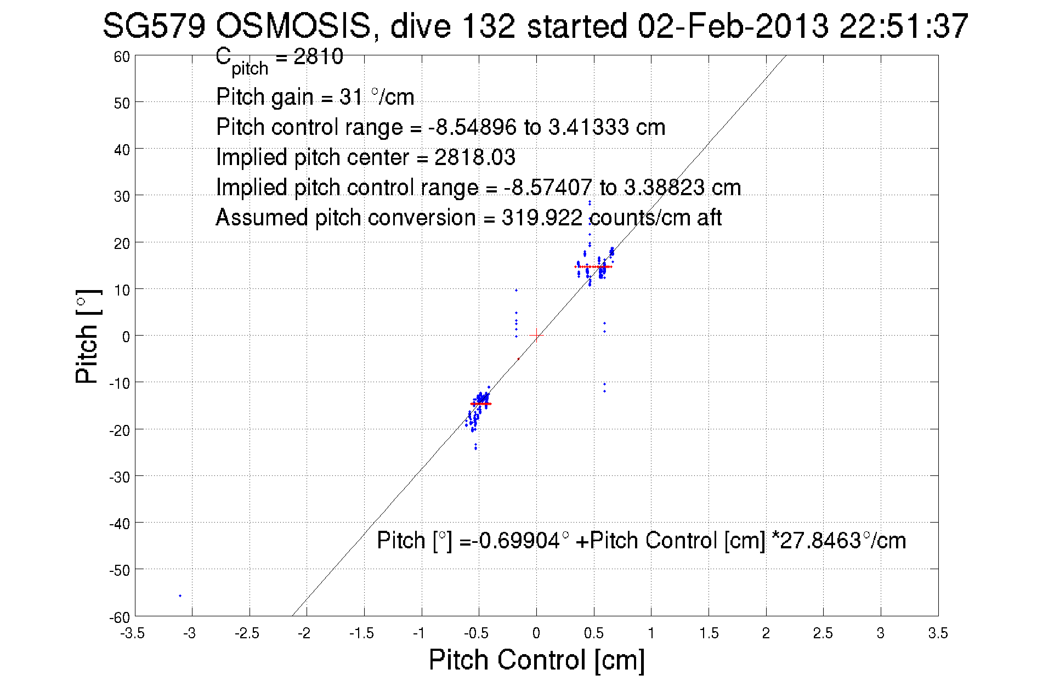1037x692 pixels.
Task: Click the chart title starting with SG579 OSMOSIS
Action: [x=535, y=26]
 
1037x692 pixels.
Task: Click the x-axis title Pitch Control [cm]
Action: [x=536, y=660]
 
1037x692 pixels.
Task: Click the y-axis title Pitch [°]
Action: [x=88, y=336]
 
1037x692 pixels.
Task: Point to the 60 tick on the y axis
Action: [x=122, y=56]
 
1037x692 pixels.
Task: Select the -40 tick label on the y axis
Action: [x=120, y=524]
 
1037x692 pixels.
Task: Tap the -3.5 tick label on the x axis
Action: [x=133, y=633]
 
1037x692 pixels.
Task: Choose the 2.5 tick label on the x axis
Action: [x=823, y=633]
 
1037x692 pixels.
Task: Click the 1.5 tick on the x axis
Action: [x=709, y=633]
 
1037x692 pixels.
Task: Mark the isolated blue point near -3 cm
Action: [x=180, y=595]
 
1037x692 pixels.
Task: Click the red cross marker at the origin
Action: [x=536, y=336]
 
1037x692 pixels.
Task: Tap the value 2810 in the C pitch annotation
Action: [x=318, y=56]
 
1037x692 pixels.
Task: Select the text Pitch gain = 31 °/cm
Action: [x=315, y=97]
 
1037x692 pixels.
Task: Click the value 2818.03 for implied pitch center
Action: [x=475, y=157]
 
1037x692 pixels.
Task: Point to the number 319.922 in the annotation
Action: [x=542, y=218]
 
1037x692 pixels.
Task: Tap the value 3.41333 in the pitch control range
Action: [x=589, y=127]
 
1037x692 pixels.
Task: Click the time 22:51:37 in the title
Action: [x=904, y=26]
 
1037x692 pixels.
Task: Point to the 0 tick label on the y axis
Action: [x=126, y=337]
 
